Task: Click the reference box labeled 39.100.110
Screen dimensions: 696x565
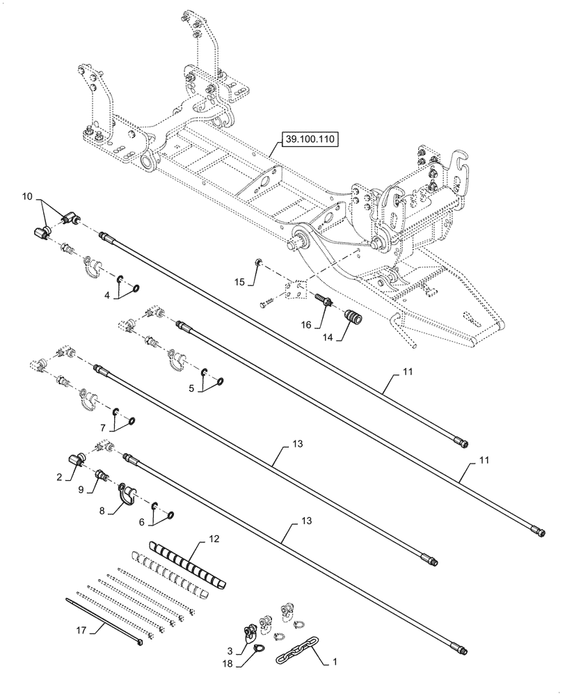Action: tap(310, 140)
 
